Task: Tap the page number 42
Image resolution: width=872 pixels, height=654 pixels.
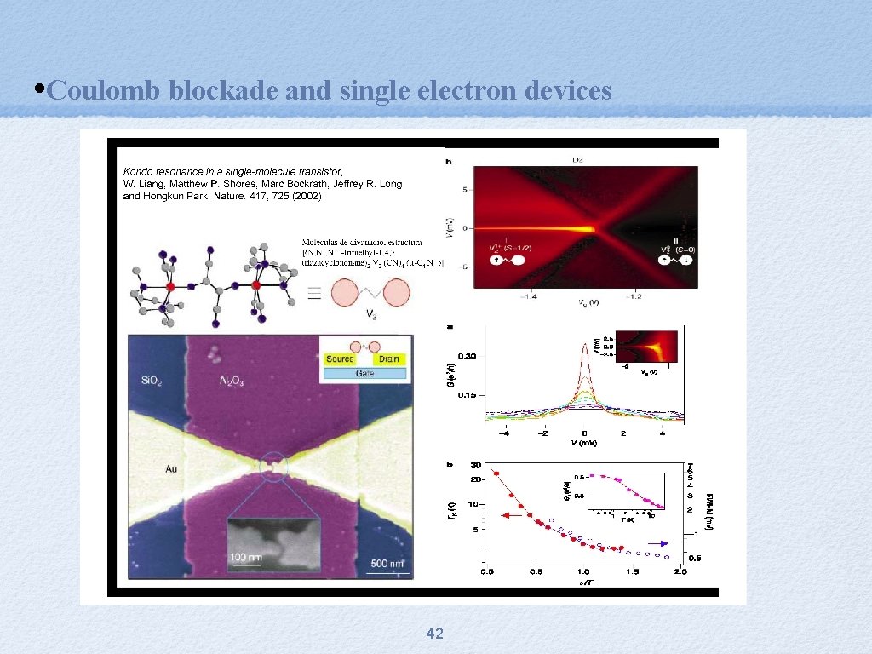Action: point(434,633)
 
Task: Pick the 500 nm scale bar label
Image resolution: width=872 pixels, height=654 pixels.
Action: point(388,563)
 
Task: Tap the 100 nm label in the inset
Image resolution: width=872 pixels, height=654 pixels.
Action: point(246,557)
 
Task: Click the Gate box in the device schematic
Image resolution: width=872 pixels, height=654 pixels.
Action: point(365,373)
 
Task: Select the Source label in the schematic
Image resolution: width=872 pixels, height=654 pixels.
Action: point(340,359)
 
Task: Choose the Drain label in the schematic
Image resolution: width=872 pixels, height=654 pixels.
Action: point(388,359)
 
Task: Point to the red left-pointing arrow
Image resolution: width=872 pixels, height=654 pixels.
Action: point(511,515)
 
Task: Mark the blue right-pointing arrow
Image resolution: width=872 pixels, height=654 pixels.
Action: point(657,543)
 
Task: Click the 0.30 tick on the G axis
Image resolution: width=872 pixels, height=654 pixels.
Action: point(467,355)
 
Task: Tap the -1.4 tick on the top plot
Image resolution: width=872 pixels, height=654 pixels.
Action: point(530,297)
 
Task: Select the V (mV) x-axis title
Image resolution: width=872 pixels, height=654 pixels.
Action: point(583,443)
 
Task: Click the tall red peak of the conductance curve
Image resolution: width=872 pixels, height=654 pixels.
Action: point(584,346)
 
